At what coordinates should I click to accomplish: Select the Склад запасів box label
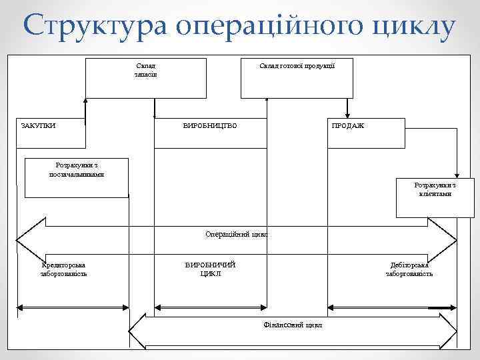pos(146,70)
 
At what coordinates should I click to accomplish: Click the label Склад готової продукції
pos(297,65)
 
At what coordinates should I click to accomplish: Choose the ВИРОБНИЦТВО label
pos(209,125)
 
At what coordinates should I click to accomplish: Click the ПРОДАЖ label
pos(347,125)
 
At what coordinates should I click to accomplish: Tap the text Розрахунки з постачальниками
pos(76,169)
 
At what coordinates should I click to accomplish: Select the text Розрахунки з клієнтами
pos(435,189)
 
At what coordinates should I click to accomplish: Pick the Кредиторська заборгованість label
pos(64,269)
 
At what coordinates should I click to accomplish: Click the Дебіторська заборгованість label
pos(409,269)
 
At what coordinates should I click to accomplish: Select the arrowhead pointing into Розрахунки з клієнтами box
pos(456,174)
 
